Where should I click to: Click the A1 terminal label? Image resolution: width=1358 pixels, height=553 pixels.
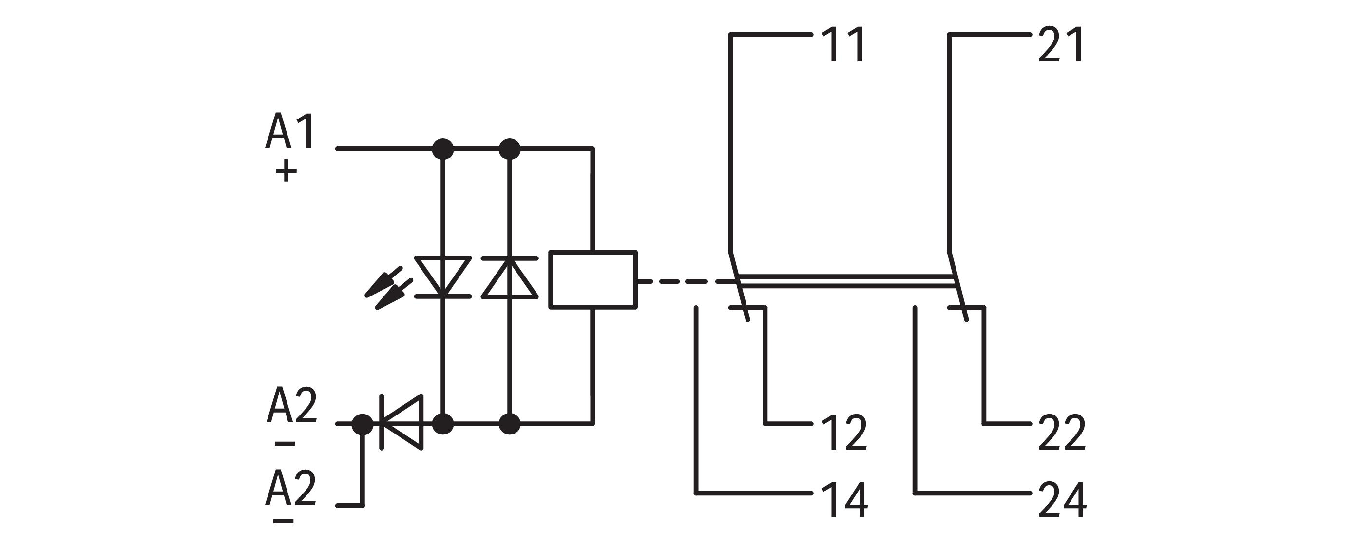pos(290,132)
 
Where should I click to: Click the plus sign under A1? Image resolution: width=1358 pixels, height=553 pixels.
pos(286,172)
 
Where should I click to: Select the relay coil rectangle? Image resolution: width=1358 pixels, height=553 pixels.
pos(593,279)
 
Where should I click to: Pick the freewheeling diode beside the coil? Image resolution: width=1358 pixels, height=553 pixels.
pos(509,277)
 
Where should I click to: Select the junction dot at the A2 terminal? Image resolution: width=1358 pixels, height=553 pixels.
pos(362,423)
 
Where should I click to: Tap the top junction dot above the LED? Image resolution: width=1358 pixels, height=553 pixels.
pos(443,149)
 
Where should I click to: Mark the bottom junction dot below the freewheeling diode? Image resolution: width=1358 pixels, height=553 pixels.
pos(509,424)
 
